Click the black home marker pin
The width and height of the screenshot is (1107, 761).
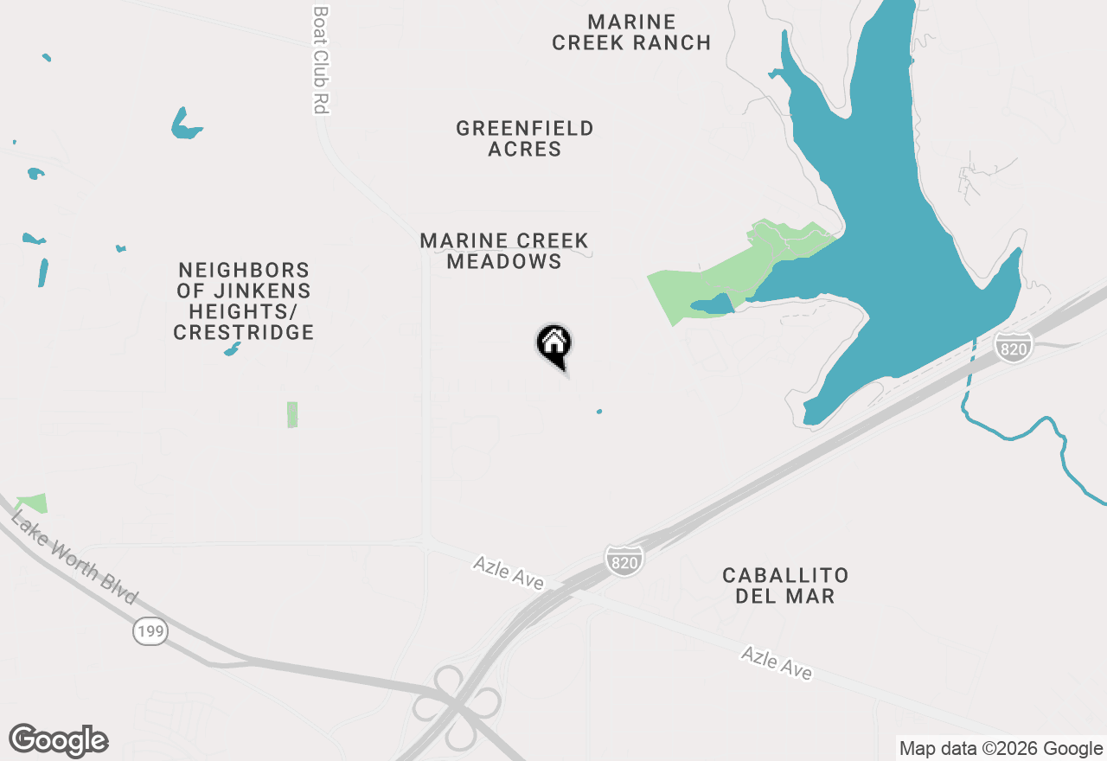pyautogui.click(x=554, y=345)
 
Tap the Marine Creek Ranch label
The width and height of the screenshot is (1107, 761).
pyautogui.click(x=631, y=32)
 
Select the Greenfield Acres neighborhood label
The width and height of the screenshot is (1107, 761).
pyautogui.click(x=525, y=138)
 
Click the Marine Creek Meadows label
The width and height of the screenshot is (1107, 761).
pyautogui.click(x=504, y=251)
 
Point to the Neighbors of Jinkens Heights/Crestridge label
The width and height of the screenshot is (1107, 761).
pyautogui.click(x=243, y=301)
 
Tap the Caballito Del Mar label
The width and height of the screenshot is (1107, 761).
pyautogui.click(x=785, y=585)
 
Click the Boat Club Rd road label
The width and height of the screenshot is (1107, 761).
pyautogui.click(x=322, y=61)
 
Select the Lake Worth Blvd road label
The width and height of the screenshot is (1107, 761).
pyautogui.click(x=74, y=559)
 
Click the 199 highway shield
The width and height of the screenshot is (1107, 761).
pyautogui.click(x=150, y=632)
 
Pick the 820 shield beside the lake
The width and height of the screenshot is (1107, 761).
pyautogui.click(x=1012, y=347)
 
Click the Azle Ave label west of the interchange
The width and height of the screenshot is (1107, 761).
pyautogui.click(x=509, y=573)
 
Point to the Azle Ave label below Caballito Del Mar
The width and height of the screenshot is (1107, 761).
pyautogui.click(x=777, y=663)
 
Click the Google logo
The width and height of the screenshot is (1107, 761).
pyautogui.click(x=59, y=741)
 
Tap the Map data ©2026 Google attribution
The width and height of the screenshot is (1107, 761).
pyautogui.click(x=1001, y=749)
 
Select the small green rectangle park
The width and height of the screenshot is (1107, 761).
pyautogui.click(x=292, y=414)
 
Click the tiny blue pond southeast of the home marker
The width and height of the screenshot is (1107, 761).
pyautogui.click(x=599, y=411)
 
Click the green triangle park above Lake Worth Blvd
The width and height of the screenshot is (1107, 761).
pyautogui.click(x=34, y=502)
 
